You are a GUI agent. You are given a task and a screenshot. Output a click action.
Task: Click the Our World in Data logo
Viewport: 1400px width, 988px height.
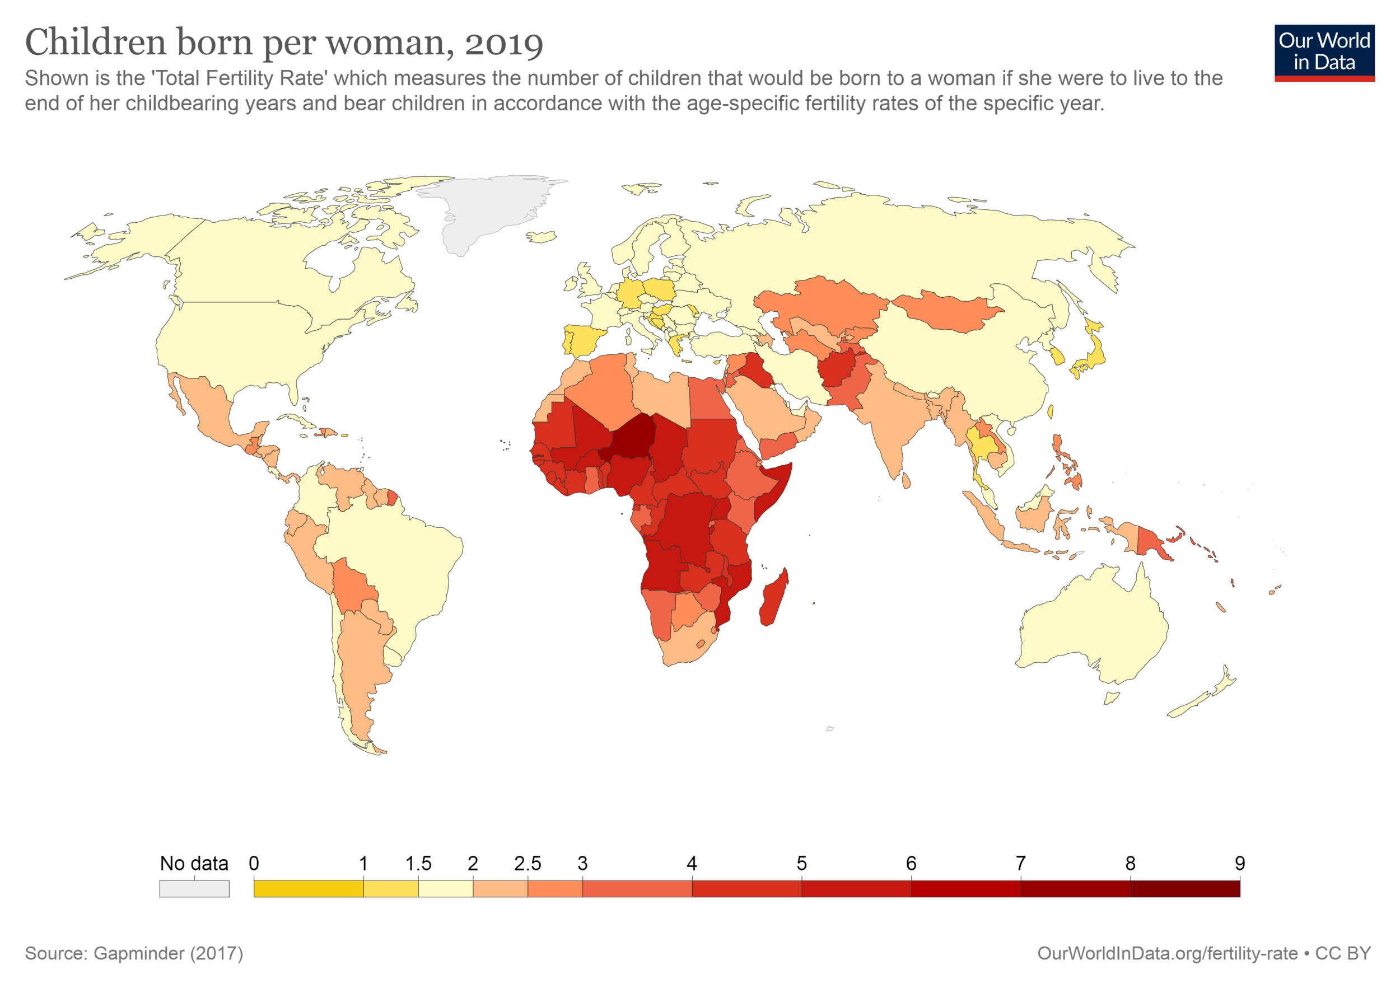click(x=1324, y=53)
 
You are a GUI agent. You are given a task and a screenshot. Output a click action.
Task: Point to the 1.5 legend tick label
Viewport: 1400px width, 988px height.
click(x=418, y=863)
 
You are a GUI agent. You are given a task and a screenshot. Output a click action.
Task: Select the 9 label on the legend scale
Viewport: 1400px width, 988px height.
click(x=1240, y=863)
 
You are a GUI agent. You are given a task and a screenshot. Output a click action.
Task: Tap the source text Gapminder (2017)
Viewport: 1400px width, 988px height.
click(x=169, y=953)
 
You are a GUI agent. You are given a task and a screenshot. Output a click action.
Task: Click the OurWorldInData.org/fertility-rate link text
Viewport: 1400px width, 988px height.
click(x=1167, y=953)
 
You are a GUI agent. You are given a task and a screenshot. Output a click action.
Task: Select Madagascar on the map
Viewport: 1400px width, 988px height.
click(x=773, y=598)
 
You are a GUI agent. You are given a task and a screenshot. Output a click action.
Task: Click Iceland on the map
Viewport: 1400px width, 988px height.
click(x=542, y=236)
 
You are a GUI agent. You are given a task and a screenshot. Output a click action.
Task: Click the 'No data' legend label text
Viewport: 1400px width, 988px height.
click(x=194, y=863)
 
